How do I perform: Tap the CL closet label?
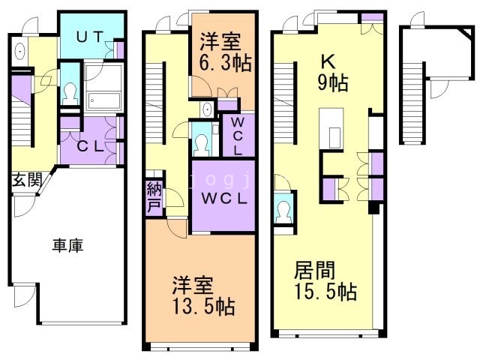(89, 146)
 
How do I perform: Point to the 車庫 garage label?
(67, 244)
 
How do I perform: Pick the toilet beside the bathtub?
(70, 91)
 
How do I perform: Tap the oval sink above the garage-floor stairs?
(19, 51)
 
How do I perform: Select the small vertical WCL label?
(236, 135)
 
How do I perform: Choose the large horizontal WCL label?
(223, 199)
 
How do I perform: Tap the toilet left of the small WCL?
(200, 142)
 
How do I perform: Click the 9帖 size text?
(331, 83)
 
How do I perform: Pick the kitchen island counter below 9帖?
(331, 128)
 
